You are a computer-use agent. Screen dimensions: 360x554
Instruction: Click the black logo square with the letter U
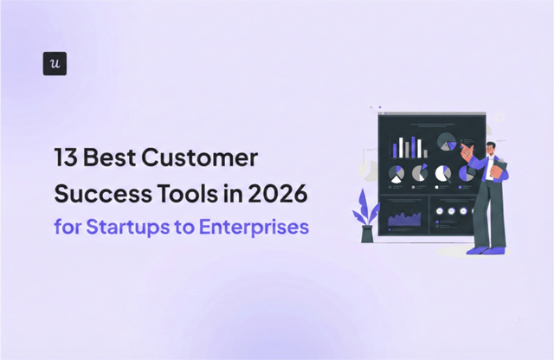click(55, 63)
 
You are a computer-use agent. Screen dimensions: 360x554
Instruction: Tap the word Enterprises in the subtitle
click(255, 228)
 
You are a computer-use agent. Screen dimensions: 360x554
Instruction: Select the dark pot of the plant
click(367, 234)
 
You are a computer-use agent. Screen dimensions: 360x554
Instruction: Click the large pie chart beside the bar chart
click(447, 141)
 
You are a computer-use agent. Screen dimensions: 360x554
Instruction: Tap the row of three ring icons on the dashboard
click(451, 211)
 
